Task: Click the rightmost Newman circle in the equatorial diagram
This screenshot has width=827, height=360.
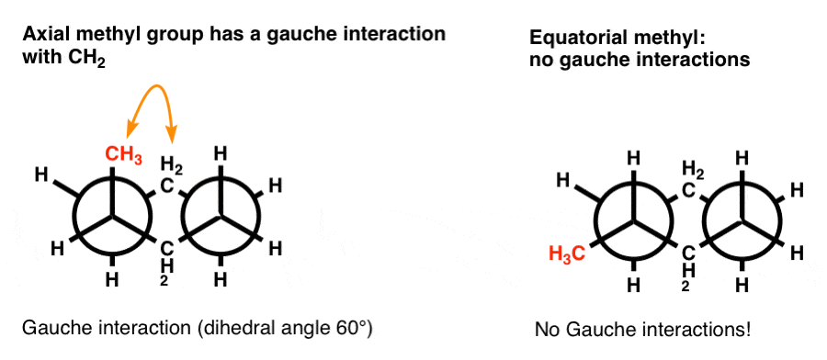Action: (742, 220)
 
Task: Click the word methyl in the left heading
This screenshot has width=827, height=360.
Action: (106, 34)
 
